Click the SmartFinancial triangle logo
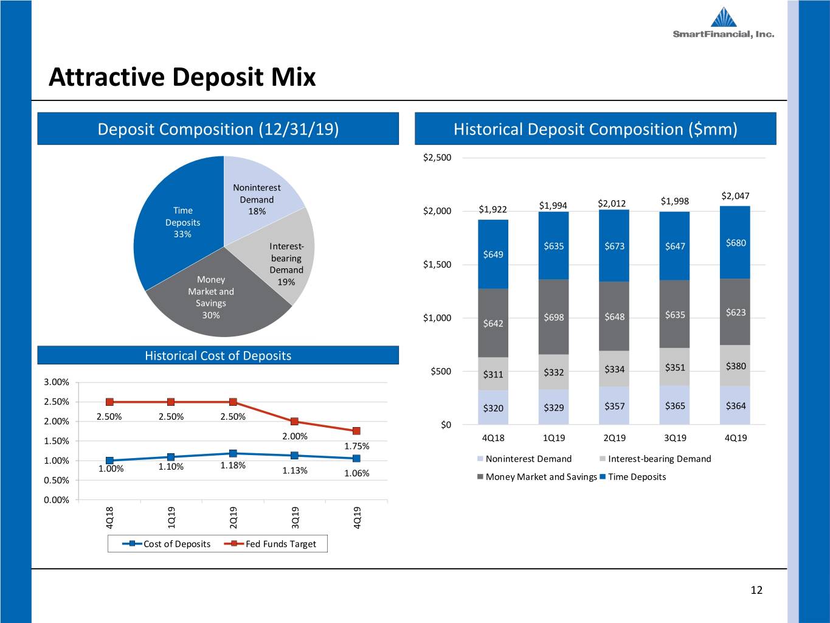pyautogui.click(x=724, y=17)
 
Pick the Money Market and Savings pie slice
pyautogui.click(x=215, y=299)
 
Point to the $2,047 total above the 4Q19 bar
pyautogui.click(x=735, y=196)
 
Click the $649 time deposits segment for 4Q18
pyautogui.click(x=493, y=254)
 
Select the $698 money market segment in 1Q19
pyautogui.click(x=553, y=317)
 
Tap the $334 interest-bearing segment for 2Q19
pyautogui.click(x=614, y=369)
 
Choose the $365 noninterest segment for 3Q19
pyautogui.click(x=674, y=405)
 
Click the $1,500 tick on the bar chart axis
pyautogui.click(x=437, y=265)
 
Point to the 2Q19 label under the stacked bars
pyautogui.click(x=615, y=438)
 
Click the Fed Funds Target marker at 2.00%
pyautogui.click(x=294, y=422)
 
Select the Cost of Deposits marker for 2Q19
pyautogui.click(x=233, y=453)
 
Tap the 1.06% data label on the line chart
pyautogui.click(x=356, y=473)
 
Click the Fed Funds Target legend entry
pyautogui.click(x=271, y=544)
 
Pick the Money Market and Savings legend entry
pyautogui.click(x=537, y=476)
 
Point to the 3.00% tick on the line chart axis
pyautogui.click(x=57, y=382)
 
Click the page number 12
pyautogui.click(x=756, y=590)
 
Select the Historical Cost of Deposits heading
pyautogui.click(x=218, y=355)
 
